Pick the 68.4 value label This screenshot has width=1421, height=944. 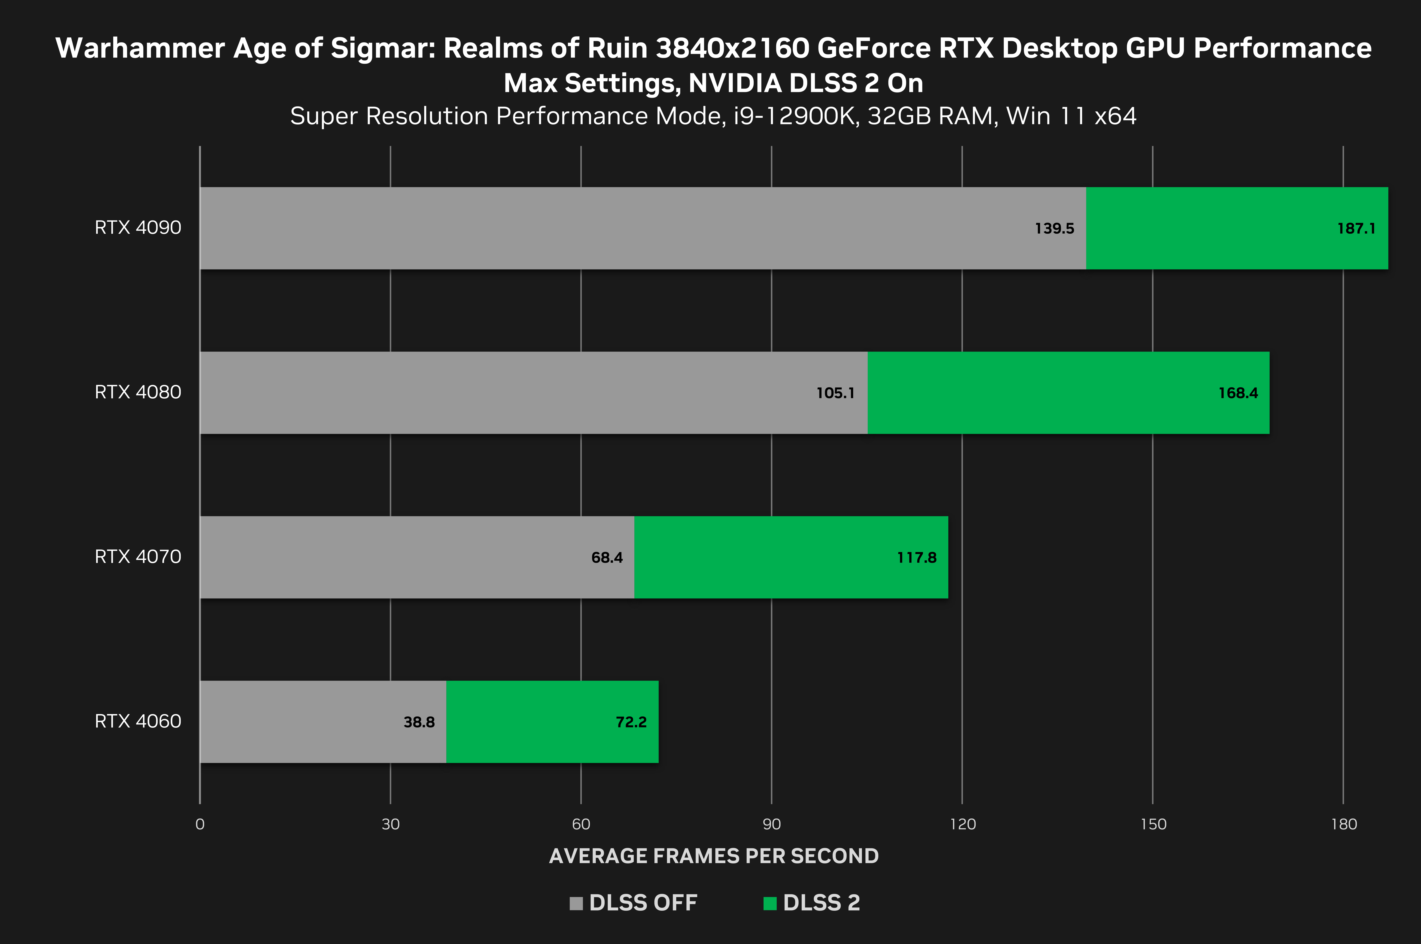(x=607, y=557)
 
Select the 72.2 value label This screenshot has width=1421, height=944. (x=631, y=722)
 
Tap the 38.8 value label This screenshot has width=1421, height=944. (x=419, y=722)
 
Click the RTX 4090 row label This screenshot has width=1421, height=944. (x=138, y=228)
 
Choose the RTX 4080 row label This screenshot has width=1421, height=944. (x=138, y=392)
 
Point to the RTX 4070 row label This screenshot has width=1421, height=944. (x=138, y=556)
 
